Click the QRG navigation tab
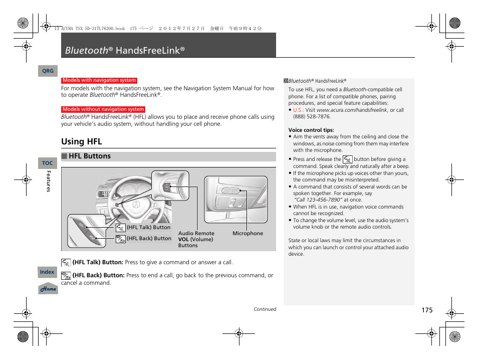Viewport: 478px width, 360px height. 48,71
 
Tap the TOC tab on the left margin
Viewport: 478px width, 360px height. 47,163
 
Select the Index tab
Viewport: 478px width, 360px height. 47,272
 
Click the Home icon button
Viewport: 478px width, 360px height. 48,289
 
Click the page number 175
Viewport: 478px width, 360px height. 426,310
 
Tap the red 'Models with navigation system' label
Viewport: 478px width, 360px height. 99,80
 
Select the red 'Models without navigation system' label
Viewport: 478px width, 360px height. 103,109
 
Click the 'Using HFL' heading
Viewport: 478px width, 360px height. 81,141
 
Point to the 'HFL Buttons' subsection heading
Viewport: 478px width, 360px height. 89,156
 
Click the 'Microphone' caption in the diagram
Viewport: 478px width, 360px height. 248,234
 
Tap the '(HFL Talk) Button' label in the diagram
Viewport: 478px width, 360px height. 148,227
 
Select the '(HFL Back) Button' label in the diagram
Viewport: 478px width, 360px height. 149,239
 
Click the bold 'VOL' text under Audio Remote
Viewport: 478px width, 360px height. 183,240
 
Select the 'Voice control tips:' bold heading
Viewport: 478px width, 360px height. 311,130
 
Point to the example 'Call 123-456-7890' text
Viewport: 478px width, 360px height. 318,200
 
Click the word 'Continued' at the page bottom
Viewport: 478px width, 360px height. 265,309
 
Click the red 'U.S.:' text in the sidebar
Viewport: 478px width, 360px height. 298,110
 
